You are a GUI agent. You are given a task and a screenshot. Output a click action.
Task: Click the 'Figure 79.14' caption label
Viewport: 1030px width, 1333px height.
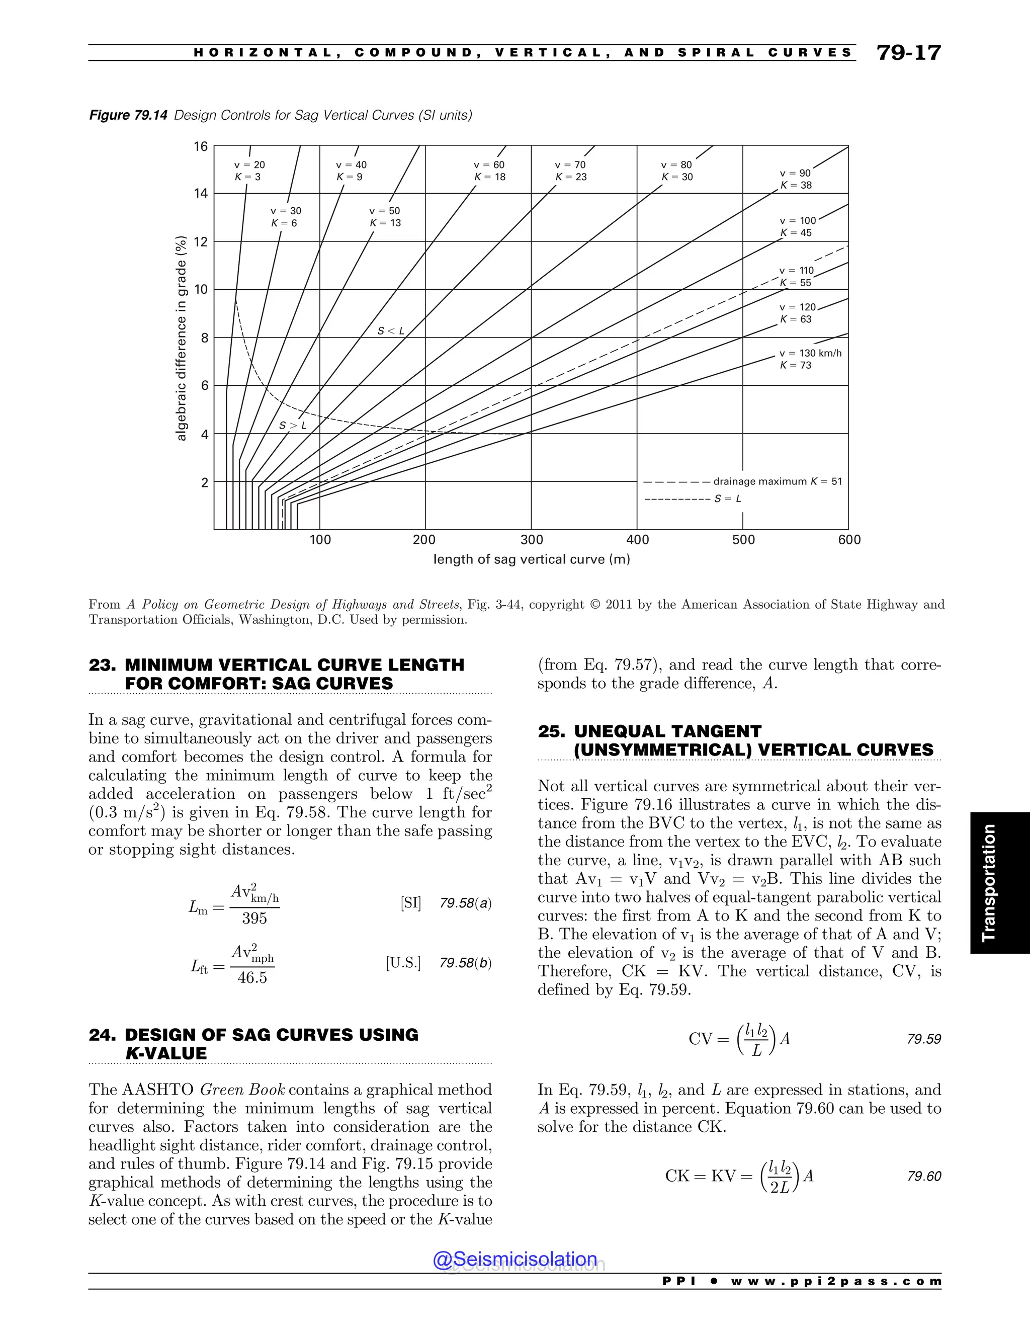click(x=128, y=115)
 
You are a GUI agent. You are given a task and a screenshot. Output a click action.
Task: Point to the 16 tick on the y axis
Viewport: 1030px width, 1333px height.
click(x=201, y=146)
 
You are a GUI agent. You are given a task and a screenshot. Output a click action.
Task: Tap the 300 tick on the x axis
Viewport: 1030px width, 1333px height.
click(x=532, y=540)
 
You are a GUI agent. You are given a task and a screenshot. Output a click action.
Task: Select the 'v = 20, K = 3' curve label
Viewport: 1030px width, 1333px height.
click(x=249, y=171)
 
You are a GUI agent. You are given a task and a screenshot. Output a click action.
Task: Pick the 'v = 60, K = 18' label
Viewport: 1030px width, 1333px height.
click(x=489, y=171)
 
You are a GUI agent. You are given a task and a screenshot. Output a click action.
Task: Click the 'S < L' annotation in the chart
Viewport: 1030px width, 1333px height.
click(x=390, y=331)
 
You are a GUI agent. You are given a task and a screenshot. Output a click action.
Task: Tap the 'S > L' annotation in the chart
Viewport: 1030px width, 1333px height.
click(x=293, y=426)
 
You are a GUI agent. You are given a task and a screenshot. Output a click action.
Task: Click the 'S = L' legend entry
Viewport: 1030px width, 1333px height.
click(x=728, y=498)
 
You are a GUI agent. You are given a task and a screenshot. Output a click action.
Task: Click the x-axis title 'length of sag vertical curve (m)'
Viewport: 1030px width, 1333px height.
click(x=532, y=559)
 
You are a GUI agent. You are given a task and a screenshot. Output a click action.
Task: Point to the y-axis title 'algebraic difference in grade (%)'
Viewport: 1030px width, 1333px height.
click(x=181, y=338)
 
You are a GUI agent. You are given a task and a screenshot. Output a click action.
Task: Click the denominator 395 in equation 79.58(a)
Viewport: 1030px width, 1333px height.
click(x=254, y=918)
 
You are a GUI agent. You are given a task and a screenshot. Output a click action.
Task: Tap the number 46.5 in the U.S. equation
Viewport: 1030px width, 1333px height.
click(x=252, y=978)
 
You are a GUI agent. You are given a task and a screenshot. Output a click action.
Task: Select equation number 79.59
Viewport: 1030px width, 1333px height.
click(x=924, y=1039)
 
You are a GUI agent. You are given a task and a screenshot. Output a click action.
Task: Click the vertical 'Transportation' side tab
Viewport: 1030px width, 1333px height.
click(x=988, y=883)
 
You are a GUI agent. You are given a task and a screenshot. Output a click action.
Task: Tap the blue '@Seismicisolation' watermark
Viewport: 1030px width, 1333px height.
click(x=515, y=1259)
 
